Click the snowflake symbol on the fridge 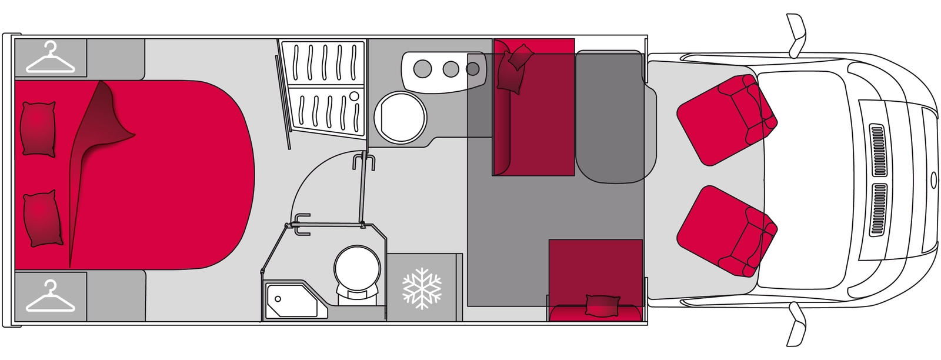(x=422, y=288)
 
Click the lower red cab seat (x=727, y=231)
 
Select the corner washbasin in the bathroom (x=290, y=301)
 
